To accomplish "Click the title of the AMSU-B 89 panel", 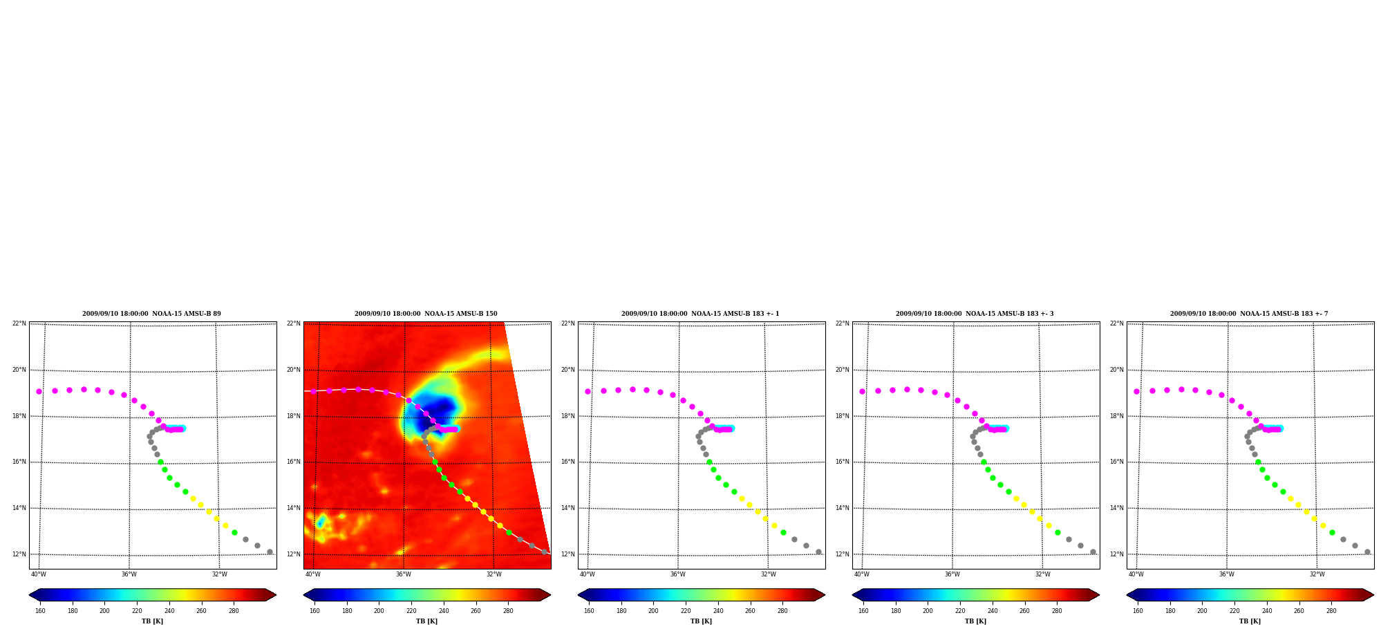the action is pos(151,314).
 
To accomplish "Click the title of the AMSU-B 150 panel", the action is pos(426,314).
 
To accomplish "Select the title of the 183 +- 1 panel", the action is pos(700,314).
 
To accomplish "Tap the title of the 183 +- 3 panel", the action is pos(975,314).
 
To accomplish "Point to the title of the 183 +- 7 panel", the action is pos(1249,314).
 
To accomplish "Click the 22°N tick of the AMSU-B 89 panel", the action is pos(19,323).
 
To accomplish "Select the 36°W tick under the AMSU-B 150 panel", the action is pos(404,574).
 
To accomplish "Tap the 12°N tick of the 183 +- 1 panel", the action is pos(568,554).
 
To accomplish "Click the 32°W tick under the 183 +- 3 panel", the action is pos(1043,574).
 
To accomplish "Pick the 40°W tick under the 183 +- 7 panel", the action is pos(1136,574).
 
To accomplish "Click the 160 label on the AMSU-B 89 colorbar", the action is pos(40,611).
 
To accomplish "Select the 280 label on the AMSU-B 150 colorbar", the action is pos(508,611).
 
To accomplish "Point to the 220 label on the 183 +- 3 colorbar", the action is pos(960,611).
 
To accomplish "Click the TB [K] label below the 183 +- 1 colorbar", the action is pos(701,621).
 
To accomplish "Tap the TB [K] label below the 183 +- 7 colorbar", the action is pos(1250,621).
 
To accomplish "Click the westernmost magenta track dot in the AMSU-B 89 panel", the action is pos(39,391).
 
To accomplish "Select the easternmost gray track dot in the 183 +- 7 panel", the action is pos(1367,552).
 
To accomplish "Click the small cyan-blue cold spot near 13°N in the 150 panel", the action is pos(320,522).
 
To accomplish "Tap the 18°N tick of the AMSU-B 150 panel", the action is pos(294,416).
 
